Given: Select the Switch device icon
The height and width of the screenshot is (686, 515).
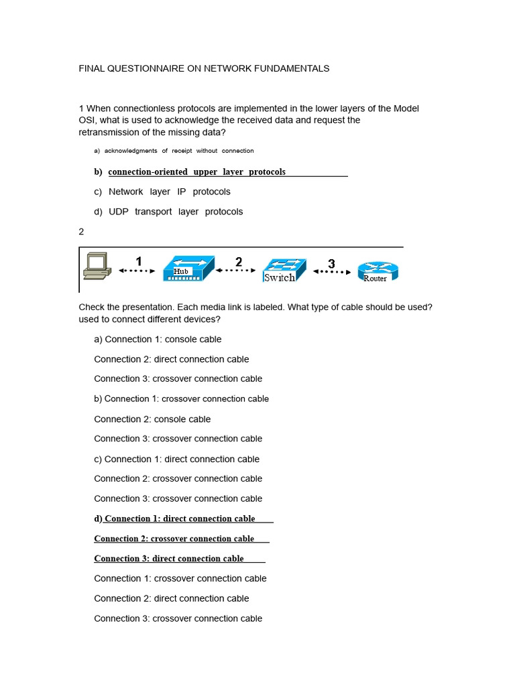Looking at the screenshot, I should coord(284,271).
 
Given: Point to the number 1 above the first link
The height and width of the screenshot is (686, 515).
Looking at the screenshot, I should coord(139,261).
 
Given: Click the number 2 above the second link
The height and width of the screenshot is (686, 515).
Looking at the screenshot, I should coord(239,261).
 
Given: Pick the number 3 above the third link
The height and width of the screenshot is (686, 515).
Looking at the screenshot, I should coord(331,263).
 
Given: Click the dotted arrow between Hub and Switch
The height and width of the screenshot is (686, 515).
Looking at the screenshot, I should coord(236,271).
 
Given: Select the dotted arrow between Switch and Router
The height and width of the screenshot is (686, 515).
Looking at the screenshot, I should coord(332,272).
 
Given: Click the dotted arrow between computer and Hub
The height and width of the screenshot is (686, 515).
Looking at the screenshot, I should coord(137,271).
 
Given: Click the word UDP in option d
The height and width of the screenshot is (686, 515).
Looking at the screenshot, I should coord(119,212).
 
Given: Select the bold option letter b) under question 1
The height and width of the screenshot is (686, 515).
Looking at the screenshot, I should coord(98,172).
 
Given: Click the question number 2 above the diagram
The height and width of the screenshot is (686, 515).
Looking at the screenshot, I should coord(82,232).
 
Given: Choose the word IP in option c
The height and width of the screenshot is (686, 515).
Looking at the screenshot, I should coord(182,192).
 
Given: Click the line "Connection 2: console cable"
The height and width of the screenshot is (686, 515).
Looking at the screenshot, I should coord(152,419).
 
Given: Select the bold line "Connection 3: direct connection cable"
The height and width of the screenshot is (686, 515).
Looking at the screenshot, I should coord(169,559).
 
